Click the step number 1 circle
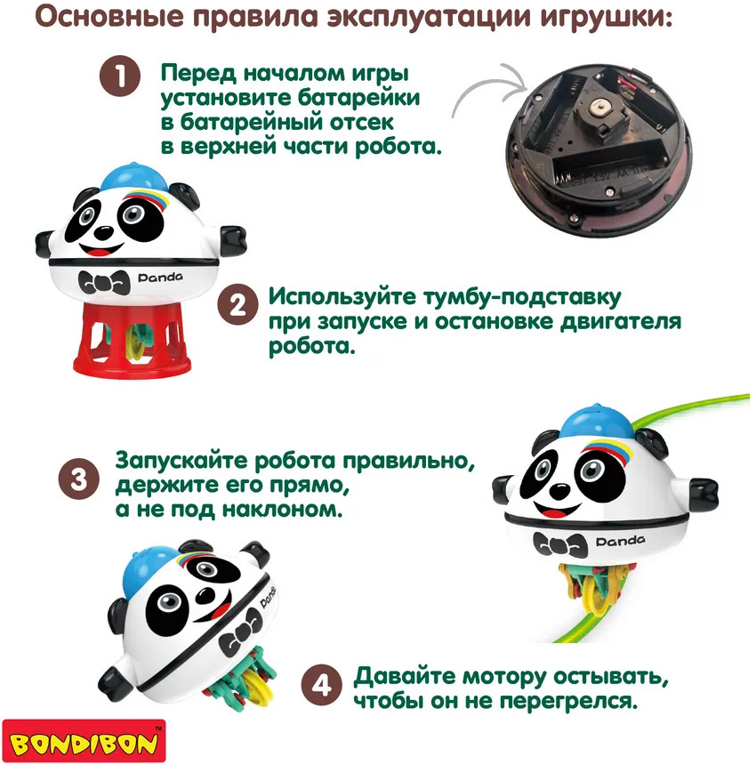pyautogui.click(x=120, y=76)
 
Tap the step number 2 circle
pyautogui.click(x=238, y=305)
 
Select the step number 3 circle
pyautogui.click(x=79, y=479)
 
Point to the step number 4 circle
pyautogui.click(x=321, y=685)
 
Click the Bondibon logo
pyautogui.click(x=84, y=742)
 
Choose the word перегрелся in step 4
pyautogui.click(x=568, y=702)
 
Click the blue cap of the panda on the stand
pyautogui.click(x=133, y=178)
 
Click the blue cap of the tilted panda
pyautogui.click(x=148, y=569)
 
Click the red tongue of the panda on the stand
pyautogui.click(x=101, y=253)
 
